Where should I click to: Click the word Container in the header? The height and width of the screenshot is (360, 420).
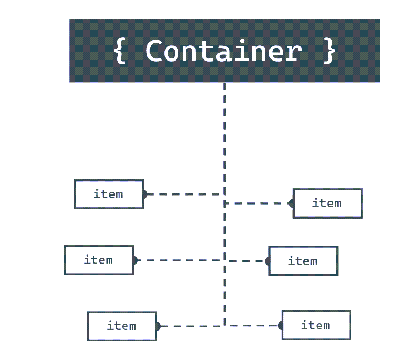click(224, 51)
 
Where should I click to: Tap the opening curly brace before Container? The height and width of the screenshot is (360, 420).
click(120, 51)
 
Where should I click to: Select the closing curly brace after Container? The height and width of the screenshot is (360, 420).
click(329, 51)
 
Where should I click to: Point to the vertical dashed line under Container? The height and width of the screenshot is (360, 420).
click(224, 134)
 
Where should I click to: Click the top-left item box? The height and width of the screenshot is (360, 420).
click(109, 194)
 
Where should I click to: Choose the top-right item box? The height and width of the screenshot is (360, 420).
click(327, 203)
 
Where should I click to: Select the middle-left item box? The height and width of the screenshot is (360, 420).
click(99, 260)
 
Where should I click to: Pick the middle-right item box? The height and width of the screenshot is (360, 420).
click(303, 261)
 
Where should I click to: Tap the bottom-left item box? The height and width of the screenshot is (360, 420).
click(122, 326)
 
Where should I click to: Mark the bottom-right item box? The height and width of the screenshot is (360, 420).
click(316, 325)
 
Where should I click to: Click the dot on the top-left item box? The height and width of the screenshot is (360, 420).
click(144, 194)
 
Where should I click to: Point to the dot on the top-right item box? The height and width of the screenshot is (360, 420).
click(292, 204)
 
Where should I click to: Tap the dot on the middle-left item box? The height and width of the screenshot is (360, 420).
click(134, 260)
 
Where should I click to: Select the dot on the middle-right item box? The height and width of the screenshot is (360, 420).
click(268, 261)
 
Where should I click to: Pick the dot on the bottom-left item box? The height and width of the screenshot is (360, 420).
click(157, 326)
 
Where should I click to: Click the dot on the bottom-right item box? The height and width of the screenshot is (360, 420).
click(280, 325)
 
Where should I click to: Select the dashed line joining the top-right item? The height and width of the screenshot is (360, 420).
click(257, 204)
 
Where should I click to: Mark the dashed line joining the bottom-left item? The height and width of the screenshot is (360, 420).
click(190, 326)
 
